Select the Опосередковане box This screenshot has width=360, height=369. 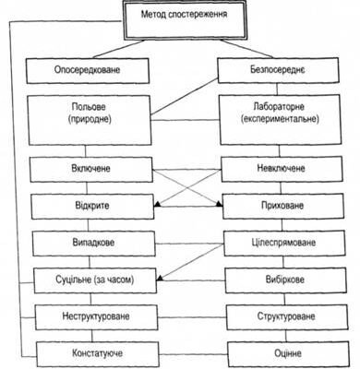[90, 69]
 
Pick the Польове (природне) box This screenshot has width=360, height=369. [90, 115]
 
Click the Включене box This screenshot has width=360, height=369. [90, 171]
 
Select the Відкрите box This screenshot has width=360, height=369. [90, 205]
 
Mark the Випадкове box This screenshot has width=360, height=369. [90, 242]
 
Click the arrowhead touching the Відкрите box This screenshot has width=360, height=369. [157, 206]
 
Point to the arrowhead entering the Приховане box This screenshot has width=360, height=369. [219, 206]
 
